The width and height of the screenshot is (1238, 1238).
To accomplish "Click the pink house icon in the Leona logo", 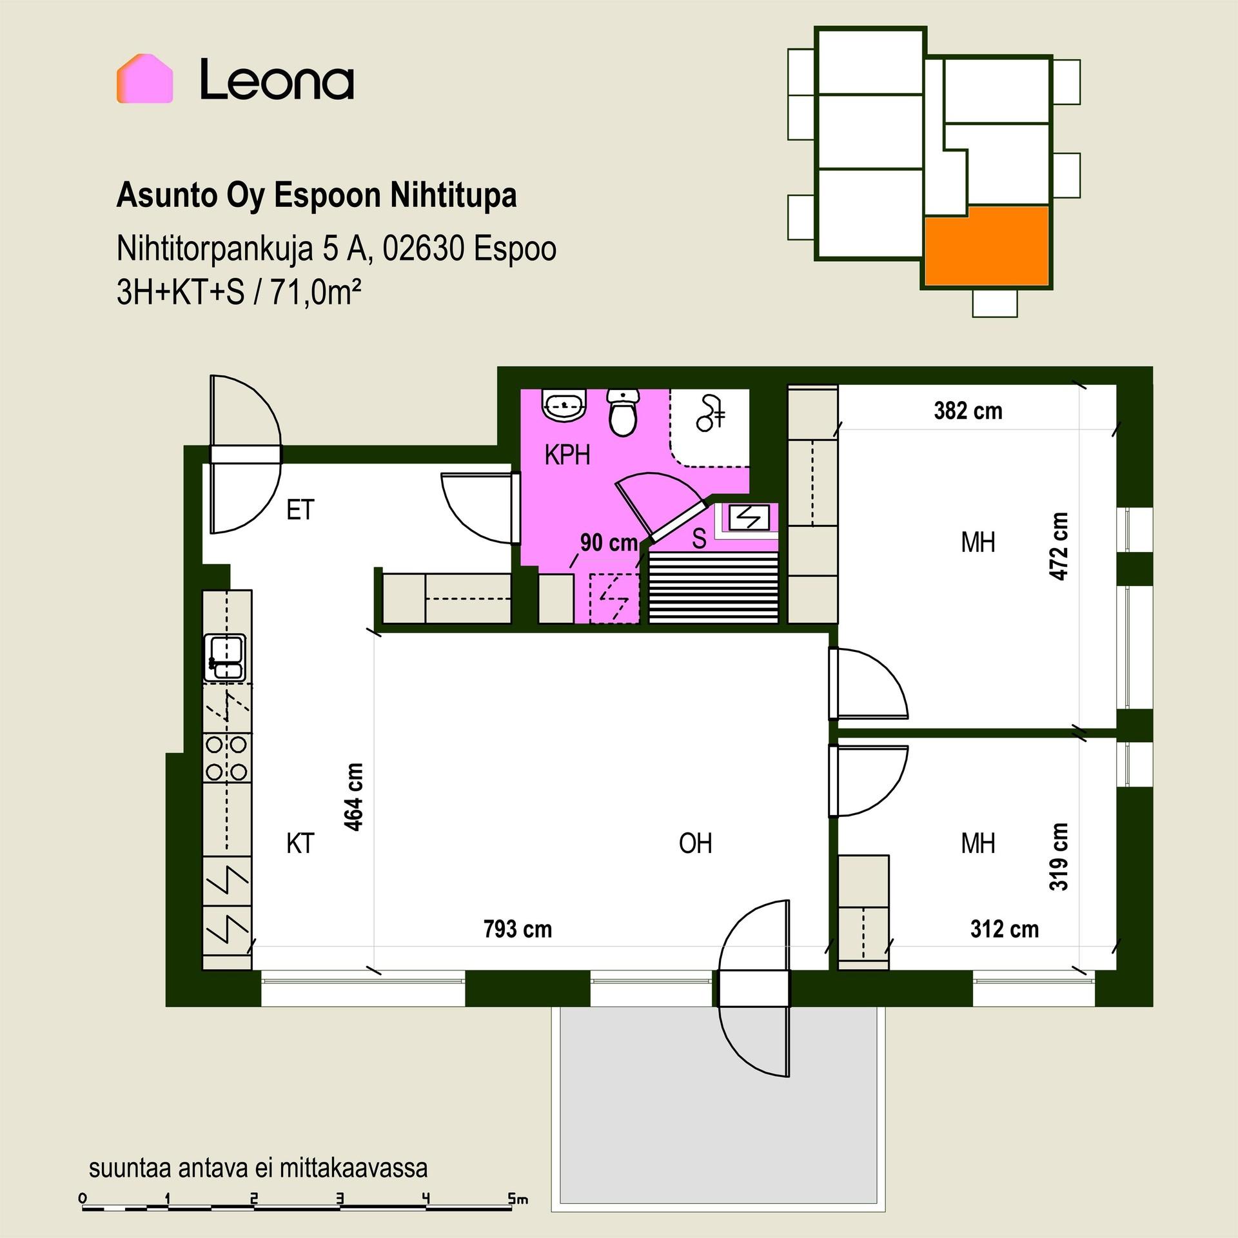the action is tap(144, 78).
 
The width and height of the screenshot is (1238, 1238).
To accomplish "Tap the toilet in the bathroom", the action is tap(623, 412).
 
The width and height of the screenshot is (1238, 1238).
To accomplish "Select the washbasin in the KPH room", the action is tap(565, 405).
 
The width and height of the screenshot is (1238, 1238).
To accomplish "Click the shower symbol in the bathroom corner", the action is tap(711, 413).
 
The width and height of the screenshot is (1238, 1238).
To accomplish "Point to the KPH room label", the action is tap(567, 455).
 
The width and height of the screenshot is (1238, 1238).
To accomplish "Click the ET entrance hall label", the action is tap(300, 510).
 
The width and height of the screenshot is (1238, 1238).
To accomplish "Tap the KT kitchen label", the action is tap(300, 843).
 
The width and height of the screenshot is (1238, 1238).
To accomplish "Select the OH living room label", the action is tap(695, 843).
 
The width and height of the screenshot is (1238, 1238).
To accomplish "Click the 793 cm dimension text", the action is tap(518, 929).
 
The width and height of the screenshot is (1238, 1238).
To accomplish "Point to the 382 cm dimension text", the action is tap(968, 411).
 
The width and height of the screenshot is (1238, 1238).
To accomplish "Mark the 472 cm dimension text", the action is tap(1059, 546).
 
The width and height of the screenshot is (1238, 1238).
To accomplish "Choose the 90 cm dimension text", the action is tap(609, 543).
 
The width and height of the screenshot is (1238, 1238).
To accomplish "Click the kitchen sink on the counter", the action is tap(224, 658).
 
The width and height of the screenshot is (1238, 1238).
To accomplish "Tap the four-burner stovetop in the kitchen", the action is tap(226, 758).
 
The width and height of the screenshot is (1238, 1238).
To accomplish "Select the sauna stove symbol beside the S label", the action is tap(749, 517).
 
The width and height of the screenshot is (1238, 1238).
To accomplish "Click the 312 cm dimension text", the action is tap(1005, 929).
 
